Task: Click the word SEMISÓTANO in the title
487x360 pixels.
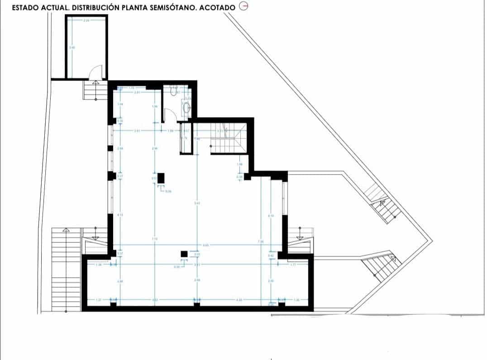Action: [x=170, y=8]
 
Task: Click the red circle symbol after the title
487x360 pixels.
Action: [x=243, y=6]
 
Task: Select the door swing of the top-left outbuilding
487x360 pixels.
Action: [x=96, y=71]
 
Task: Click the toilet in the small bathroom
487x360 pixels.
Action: [x=173, y=92]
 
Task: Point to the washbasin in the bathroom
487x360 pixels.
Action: [x=186, y=107]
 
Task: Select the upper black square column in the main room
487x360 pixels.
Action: [x=161, y=178]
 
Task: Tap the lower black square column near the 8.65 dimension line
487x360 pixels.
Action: [x=184, y=254]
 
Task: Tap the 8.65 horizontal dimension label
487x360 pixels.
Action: [x=205, y=245]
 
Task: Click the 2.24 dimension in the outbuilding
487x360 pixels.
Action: [x=86, y=21]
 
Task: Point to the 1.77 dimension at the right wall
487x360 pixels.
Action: [x=293, y=265]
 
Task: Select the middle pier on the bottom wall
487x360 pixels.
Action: [x=196, y=303]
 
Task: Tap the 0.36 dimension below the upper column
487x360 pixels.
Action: [x=168, y=191]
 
